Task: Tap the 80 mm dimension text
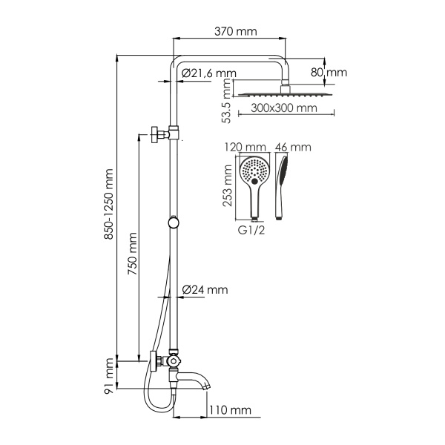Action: (x=329, y=73)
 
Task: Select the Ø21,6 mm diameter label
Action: (x=208, y=73)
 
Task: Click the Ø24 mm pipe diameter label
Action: (x=204, y=289)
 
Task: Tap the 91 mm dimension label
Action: (x=110, y=375)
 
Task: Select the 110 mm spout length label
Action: (x=230, y=410)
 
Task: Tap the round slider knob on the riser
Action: (x=173, y=221)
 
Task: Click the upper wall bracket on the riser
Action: (x=162, y=134)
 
